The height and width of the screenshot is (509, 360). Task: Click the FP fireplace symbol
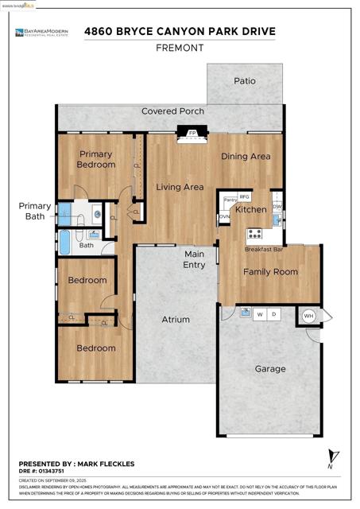coord(191,134)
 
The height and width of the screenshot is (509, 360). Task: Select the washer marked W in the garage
coord(259,314)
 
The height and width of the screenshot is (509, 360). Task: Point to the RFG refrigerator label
coord(245,196)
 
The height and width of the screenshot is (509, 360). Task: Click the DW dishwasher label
coord(277,206)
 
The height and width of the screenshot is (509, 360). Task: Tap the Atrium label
coord(176,320)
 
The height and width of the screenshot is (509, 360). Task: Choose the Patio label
coord(244,81)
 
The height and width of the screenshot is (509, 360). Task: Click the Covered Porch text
coord(172,111)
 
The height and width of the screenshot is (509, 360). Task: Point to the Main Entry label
coord(195,259)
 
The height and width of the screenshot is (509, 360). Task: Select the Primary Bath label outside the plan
coord(35,211)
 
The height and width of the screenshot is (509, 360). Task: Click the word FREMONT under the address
coord(180,48)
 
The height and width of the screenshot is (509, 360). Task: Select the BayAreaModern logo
coord(41,33)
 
